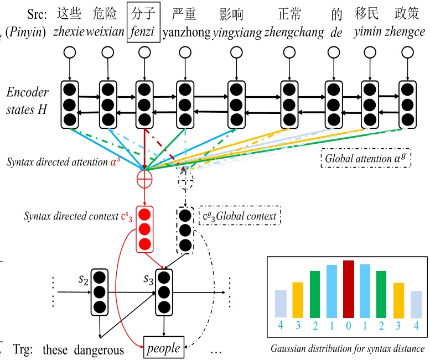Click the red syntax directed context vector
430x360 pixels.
[x=146, y=228]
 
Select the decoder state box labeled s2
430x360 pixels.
[x=100, y=290]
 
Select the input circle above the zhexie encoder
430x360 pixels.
[x=69, y=53]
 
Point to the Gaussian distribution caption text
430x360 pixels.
[x=347, y=349]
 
